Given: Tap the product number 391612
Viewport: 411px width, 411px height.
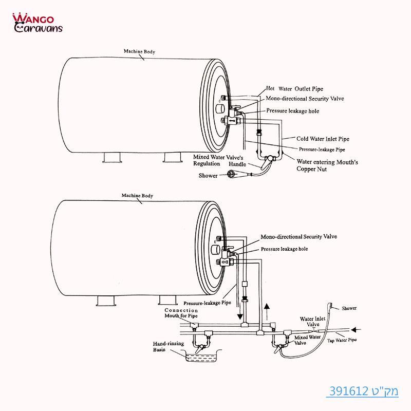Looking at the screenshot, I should (362, 392).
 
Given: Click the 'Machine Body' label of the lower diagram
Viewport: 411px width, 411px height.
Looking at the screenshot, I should (137, 196).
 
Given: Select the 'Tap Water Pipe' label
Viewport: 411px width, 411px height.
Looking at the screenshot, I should (342, 340).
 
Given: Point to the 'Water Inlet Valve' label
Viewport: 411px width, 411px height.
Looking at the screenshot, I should (313, 322).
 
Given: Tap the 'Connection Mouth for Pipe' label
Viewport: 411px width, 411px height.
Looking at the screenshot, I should (181, 313).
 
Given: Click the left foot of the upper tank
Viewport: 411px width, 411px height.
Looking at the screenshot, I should (112, 157).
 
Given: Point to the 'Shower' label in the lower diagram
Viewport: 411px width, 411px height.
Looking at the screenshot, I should (349, 308).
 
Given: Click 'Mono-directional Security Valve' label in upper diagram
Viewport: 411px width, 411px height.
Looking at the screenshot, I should (305, 98).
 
